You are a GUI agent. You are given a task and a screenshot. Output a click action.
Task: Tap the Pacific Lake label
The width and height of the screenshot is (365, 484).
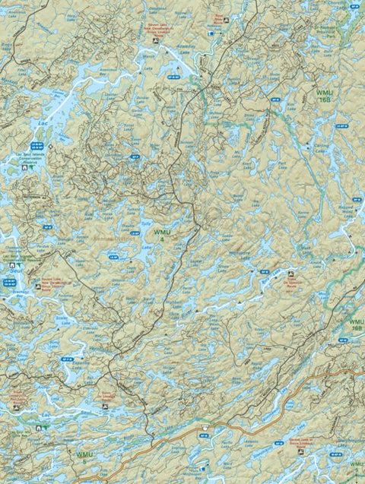tap(228, 452)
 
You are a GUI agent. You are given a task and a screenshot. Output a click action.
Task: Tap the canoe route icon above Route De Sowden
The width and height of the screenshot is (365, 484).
tap(293, 270)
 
